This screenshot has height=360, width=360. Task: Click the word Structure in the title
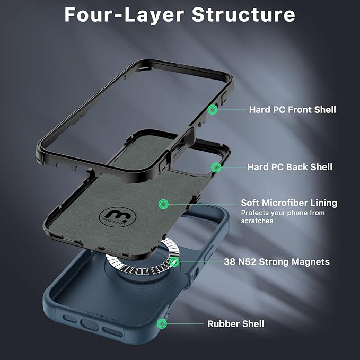coord(243,15)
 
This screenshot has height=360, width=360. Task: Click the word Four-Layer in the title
coord(124,15)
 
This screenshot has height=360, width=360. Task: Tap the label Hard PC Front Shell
coord(292,110)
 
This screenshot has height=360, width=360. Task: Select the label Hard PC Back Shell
coord(289,167)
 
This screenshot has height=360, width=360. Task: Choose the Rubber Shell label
coord(235,323)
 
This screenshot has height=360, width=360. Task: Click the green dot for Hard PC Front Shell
coord(213,110)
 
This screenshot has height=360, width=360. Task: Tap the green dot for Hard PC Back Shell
coord(216,168)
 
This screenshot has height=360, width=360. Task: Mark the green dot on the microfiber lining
coord(164,204)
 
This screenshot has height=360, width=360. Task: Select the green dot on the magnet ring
coord(174,262)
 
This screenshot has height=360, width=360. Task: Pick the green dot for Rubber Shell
coord(162,323)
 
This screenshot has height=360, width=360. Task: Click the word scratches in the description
coord(257,221)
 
